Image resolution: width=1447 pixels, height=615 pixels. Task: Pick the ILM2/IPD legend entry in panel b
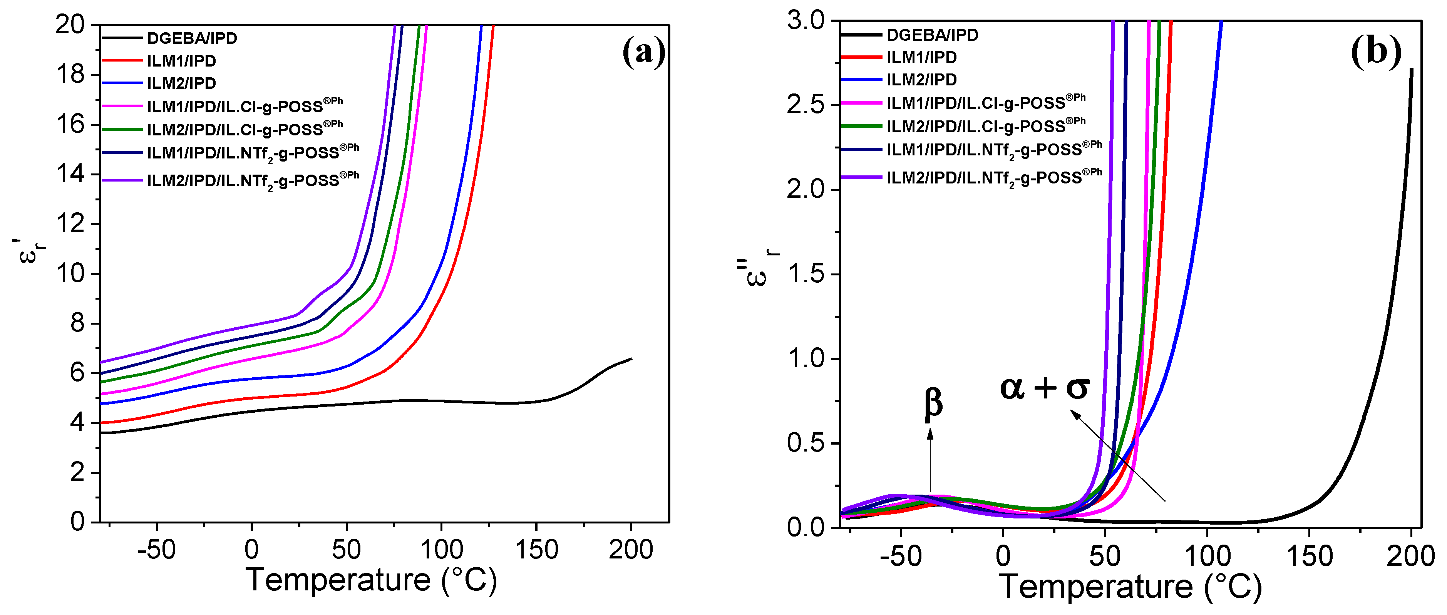(x=921, y=80)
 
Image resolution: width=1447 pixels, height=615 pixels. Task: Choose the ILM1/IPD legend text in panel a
(x=181, y=61)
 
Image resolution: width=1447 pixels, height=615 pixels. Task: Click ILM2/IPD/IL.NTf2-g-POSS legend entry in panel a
(x=253, y=180)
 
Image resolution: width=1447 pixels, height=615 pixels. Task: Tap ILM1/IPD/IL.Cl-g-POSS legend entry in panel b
(x=985, y=103)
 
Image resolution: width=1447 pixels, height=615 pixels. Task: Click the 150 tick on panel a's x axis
(x=536, y=549)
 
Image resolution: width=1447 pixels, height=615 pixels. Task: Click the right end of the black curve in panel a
(x=631, y=358)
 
